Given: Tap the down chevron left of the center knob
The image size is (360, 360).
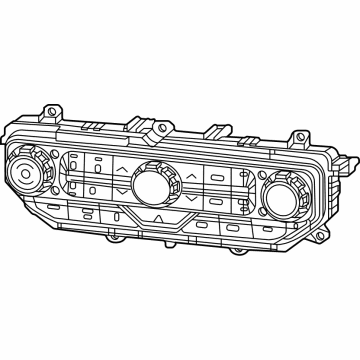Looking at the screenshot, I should (x=119, y=191).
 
